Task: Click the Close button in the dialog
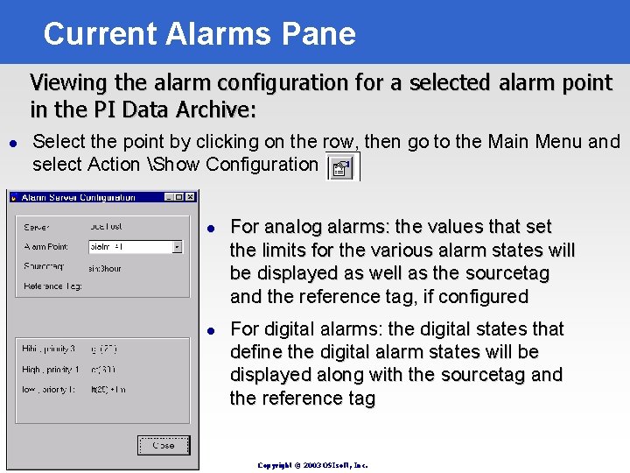163,445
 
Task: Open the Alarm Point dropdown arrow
177,248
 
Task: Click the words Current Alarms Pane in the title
199,33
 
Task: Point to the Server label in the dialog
38,226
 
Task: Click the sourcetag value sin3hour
106,268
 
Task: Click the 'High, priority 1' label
51,370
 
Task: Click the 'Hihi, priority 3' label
49,349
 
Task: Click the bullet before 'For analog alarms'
210,229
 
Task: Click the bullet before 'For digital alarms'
210,330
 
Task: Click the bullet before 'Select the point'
12,143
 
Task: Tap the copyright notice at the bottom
312,465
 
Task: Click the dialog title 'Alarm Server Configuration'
78,196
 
